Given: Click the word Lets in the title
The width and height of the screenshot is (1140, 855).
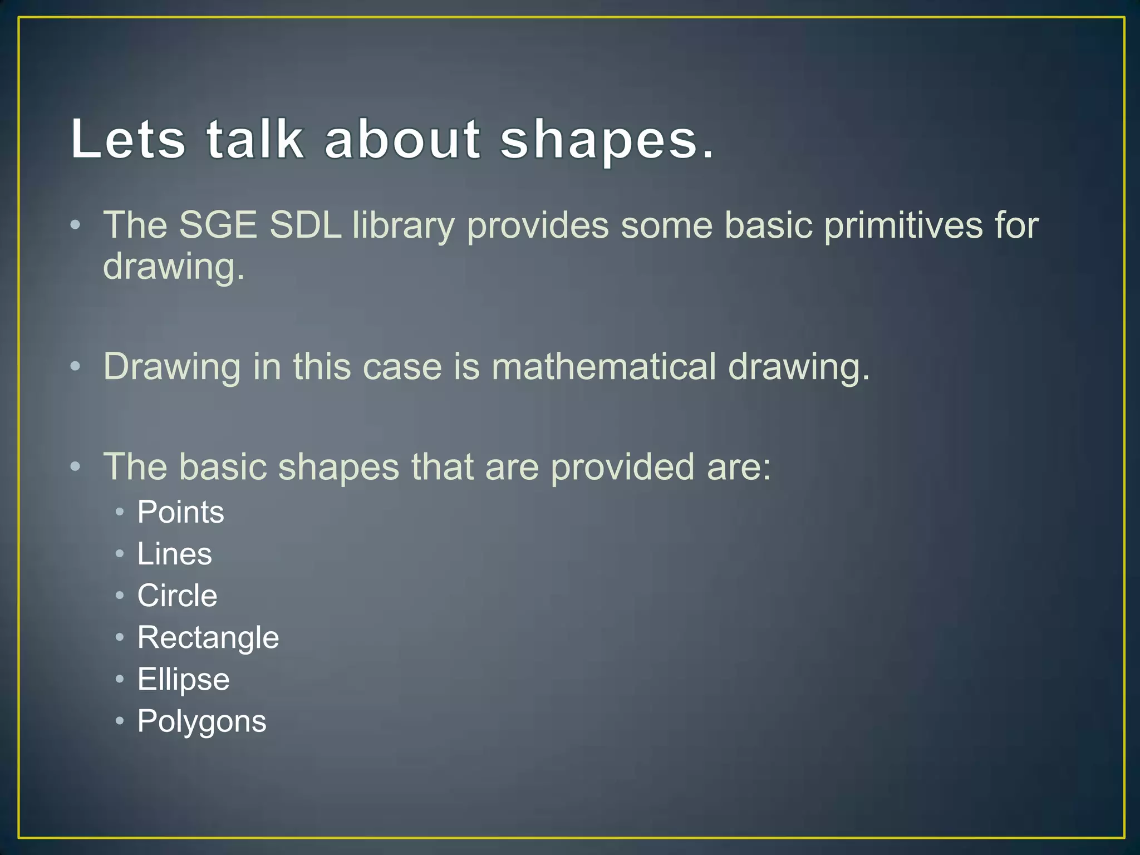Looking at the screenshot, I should pos(128,139).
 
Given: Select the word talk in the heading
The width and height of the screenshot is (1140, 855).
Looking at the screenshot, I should pos(255,139).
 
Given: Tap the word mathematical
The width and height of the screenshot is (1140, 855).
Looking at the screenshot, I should pos(604,367).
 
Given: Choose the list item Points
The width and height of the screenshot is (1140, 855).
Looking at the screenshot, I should pos(180,512).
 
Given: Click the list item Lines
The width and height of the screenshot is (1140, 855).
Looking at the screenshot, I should pos(174,554).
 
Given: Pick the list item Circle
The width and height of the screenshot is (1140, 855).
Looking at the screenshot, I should pos(177,596).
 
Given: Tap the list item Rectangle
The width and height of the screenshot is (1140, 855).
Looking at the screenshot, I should pos(208,638).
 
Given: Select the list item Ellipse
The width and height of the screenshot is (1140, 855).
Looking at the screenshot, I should pos(183,680).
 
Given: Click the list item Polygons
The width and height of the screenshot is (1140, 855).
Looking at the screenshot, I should pos(202,722).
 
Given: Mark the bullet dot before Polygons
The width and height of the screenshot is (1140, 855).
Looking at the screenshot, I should pos(120,721).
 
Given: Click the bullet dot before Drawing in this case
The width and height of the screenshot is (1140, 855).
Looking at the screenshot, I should pos(76,367).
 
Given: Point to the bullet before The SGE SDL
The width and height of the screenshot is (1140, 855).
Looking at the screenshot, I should pos(76,225).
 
